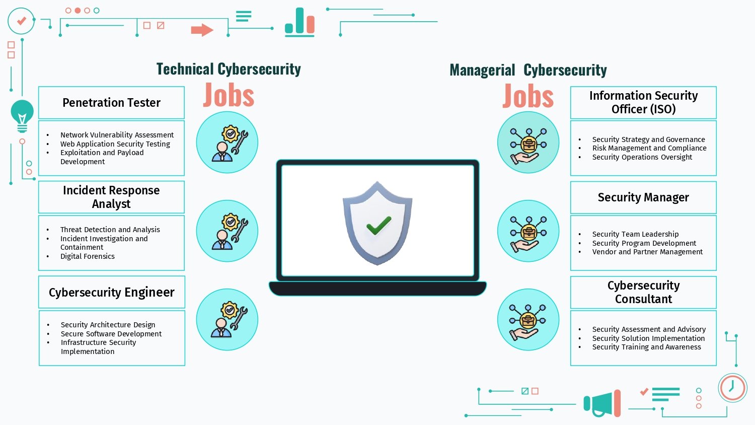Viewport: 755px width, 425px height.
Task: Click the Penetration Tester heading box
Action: (111, 103)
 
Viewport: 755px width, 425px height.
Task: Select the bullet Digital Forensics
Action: (87, 256)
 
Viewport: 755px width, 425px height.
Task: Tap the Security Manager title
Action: (643, 197)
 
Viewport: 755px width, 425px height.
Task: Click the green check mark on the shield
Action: (379, 225)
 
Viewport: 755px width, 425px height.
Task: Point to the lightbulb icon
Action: (22, 116)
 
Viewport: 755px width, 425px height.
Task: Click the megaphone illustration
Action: (602, 403)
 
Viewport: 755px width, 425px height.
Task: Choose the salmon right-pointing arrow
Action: (202, 30)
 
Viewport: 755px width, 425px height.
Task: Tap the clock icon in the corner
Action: (732, 388)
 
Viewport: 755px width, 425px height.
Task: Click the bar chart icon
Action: (299, 22)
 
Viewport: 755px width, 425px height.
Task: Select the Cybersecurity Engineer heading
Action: (112, 293)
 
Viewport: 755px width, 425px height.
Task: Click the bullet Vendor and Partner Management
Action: (647, 252)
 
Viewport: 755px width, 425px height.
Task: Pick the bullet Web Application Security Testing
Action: (115, 144)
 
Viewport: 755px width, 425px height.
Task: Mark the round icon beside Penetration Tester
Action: (227, 143)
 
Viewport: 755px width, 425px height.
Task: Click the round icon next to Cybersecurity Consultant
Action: (528, 319)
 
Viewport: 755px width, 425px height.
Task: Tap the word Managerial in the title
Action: (482, 70)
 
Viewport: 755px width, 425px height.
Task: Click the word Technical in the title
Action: (185, 69)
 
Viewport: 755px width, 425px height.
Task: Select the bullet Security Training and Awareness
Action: (646, 347)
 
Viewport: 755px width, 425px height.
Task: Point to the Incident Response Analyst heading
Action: (111, 197)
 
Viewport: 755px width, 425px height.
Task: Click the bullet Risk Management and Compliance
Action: (649, 148)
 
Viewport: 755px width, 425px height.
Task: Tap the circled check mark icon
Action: (21, 21)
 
